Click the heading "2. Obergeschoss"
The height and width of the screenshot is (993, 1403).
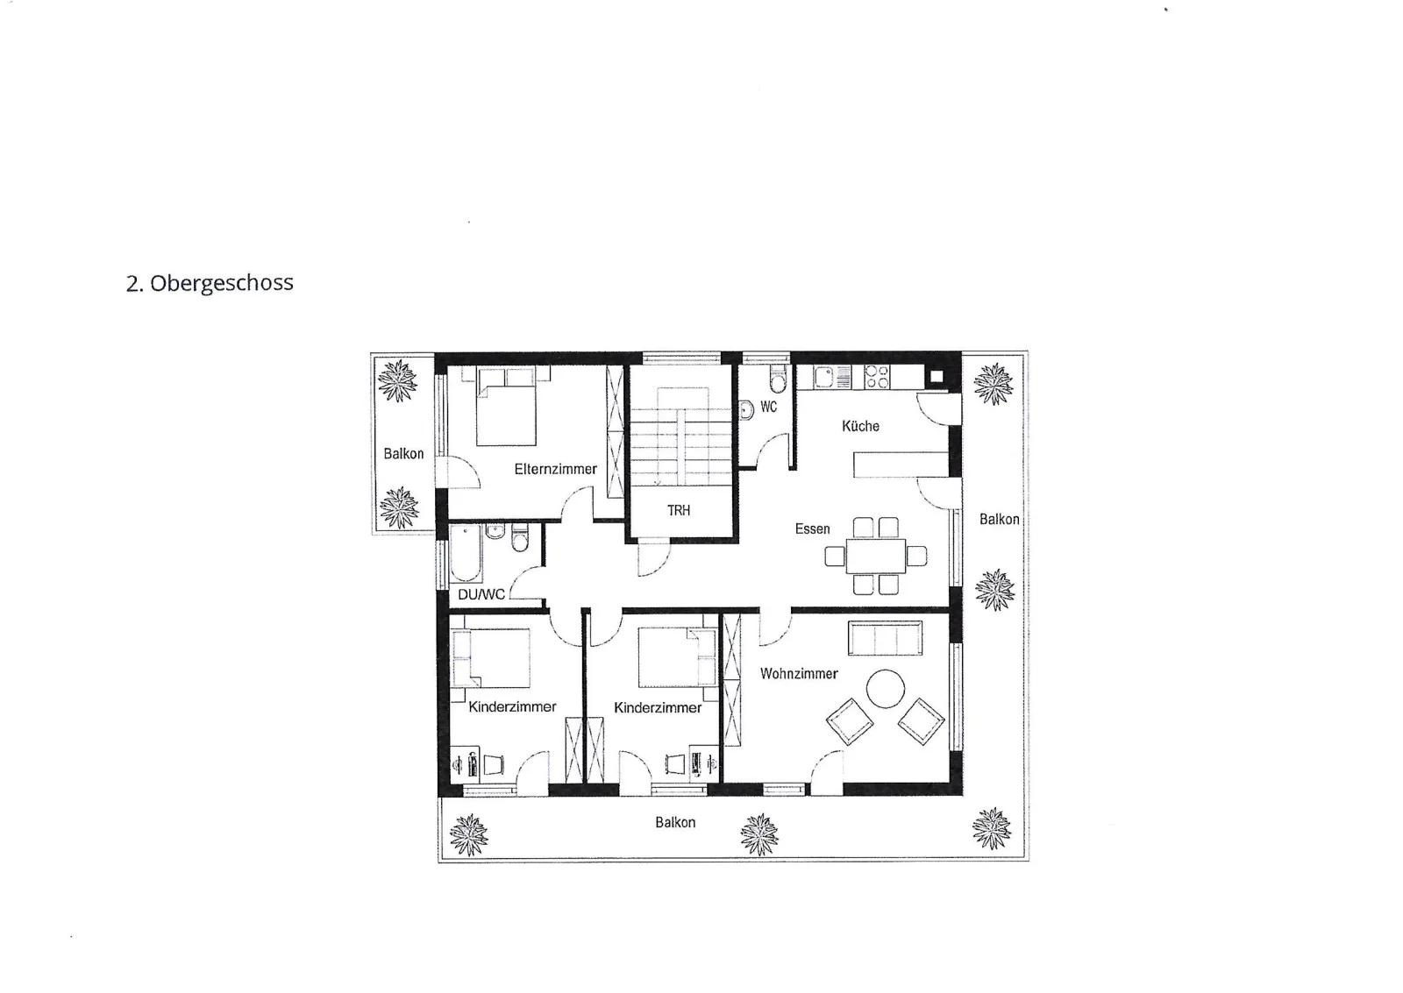point(210,283)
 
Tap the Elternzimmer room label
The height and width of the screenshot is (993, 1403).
point(556,469)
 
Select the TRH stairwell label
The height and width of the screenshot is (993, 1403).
point(679,510)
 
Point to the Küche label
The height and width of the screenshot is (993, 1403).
point(860,426)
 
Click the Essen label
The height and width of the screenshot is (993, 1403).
point(812,528)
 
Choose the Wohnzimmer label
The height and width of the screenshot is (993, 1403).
point(799,674)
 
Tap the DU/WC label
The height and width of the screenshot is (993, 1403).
point(481,594)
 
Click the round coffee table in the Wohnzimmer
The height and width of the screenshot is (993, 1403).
point(885,689)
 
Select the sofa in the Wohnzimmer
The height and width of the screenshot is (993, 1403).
point(885,638)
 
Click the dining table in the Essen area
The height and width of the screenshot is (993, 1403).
point(876,556)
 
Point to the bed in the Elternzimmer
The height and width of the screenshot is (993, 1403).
point(506,407)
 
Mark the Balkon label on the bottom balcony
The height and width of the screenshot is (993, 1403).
point(675,822)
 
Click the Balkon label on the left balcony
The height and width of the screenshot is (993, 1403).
point(403,453)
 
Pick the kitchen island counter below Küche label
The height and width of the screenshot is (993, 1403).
point(901,465)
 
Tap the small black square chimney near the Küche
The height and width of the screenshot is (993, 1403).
point(937,377)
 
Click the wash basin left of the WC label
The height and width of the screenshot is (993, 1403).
point(746,411)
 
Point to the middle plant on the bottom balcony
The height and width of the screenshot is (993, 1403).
point(759,834)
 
